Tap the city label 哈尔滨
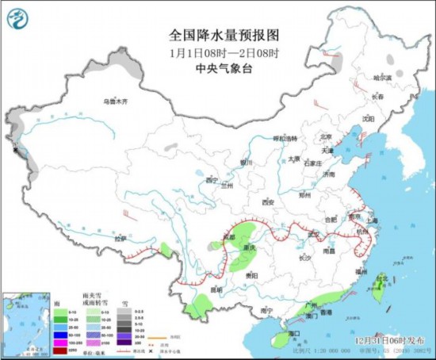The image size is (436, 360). pyautogui.click(x=383, y=78)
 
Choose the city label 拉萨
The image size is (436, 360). pyautogui.click(x=120, y=238)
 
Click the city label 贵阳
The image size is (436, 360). pyautogui.click(x=253, y=274)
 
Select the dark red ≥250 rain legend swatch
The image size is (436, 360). pyautogui.click(x=59, y=347)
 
